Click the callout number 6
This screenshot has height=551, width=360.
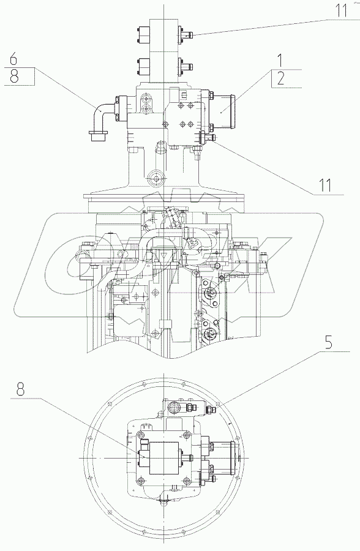[13, 59]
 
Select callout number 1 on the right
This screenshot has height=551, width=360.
[280, 61]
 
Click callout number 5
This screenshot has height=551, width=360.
[328, 342]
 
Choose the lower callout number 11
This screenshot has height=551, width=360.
[325, 185]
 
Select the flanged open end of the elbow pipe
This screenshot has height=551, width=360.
[98, 136]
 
